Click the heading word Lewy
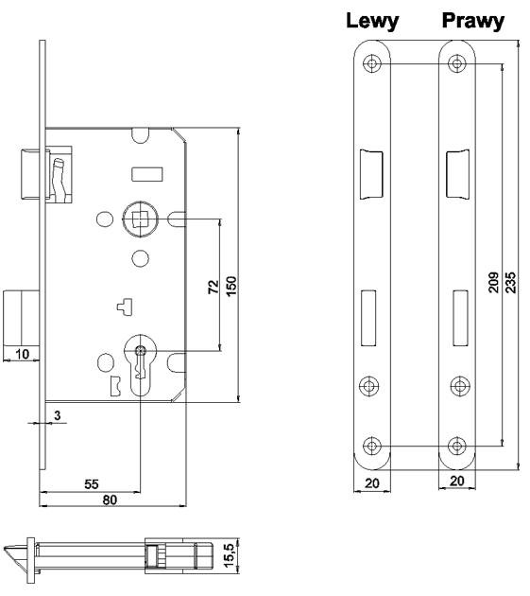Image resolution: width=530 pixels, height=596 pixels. pyautogui.click(x=372, y=21)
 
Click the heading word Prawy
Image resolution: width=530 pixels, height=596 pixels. pyautogui.click(x=473, y=21)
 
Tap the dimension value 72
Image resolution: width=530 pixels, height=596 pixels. pyautogui.click(x=214, y=287)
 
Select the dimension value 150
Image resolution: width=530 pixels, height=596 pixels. pyautogui.click(x=231, y=286)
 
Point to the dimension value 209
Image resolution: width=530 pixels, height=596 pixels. pyautogui.click(x=493, y=282)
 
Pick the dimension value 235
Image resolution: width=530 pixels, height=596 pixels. pyautogui.click(x=511, y=282)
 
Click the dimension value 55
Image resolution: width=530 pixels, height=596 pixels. pyautogui.click(x=92, y=484)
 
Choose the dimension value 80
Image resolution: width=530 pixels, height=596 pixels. pyautogui.click(x=110, y=500)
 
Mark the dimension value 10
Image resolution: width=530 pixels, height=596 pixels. pyautogui.click(x=22, y=354)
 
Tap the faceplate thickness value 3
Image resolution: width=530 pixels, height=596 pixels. pyautogui.click(x=58, y=415)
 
